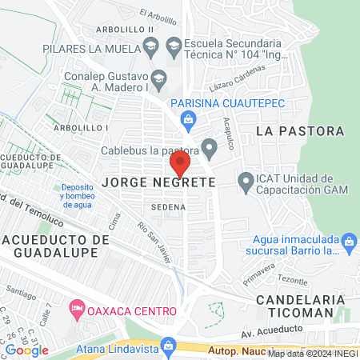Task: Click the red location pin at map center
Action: [179, 165]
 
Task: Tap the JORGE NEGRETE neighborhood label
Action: [158, 182]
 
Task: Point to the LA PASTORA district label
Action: [301, 130]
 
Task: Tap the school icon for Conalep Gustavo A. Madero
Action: [158, 78]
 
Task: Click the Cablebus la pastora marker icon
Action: [210, 147]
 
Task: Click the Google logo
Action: [26, 350]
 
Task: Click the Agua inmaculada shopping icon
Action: [348, 241]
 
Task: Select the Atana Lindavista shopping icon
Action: [167, 346]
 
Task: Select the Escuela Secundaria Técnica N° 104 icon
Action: [173, 48]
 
